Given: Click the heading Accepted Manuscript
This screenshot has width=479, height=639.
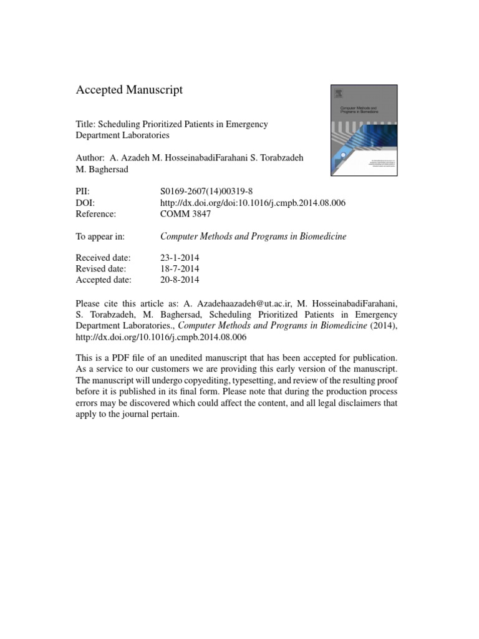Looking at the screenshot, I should click(x=129, y=90).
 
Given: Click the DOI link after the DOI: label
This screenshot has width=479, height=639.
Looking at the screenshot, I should click(x=253, y=203).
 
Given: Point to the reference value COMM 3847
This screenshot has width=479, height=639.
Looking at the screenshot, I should click(x=186, y=214).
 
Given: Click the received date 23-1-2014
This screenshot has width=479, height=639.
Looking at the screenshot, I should click(x=180, y=258).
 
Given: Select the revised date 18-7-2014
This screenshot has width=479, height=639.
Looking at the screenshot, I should click(x=180, y=269).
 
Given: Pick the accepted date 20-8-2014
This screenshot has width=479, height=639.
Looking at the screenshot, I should click(x=180, y=280).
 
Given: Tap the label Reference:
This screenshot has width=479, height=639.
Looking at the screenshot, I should click(x=96, y=214).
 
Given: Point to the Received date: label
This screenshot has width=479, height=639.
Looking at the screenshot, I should click(x=103, y=258).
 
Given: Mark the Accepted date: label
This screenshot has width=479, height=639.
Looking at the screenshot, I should click(x=103, y=280).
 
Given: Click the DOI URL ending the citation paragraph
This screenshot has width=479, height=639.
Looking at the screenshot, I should click(x=162, y=337).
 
